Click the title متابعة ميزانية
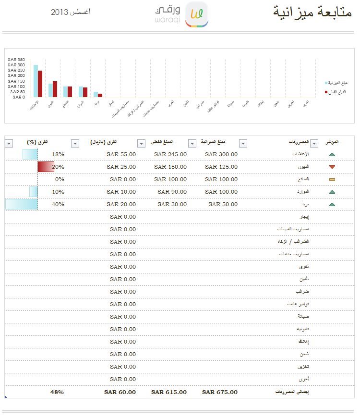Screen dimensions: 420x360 (312, 12)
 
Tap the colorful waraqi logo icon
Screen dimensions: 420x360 (197, 14)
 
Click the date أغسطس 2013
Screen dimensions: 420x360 (71, 12)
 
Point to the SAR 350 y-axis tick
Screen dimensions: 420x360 (16, 60)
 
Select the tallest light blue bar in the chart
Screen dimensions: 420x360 (36, 81)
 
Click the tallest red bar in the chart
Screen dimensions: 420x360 (40, 84)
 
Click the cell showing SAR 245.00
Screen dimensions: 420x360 (170, 154)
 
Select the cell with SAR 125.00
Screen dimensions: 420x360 (221, 167)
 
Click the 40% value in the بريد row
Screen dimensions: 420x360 (58, 204)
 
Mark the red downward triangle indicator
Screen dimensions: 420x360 (332, 167)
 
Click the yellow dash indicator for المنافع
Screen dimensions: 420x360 (332, 180)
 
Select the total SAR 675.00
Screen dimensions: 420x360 (220, 392)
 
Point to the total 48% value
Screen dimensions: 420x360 (57, 392)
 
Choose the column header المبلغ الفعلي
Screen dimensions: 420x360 (162, 143)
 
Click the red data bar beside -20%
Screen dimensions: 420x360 (46, 167)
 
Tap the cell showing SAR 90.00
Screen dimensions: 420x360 (172, 192)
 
